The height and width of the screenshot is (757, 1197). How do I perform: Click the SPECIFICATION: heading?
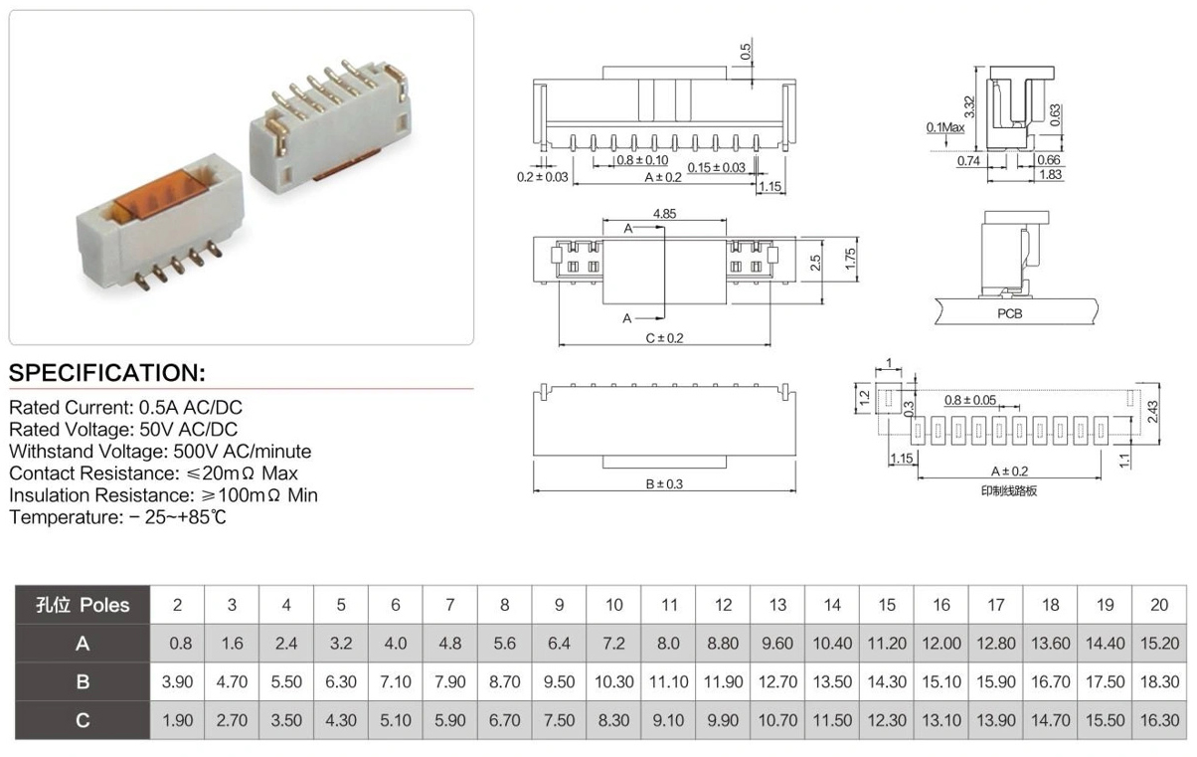(x=107, y=373)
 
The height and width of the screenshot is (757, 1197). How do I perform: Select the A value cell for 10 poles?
(x=613, y=644)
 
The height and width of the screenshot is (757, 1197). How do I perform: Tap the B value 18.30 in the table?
(x=1159, y=681)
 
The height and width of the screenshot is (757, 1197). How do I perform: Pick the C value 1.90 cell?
(x=177, y=720)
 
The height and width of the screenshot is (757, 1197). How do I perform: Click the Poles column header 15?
(x=887, y=605)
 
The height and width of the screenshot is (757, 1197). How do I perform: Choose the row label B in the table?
(x=83, y=681)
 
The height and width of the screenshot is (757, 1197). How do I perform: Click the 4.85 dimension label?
(x=664, y=214)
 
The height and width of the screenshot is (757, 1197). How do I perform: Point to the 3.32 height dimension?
(x=969, y=106)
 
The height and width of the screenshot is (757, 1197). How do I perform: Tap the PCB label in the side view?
(x=1009, y=313)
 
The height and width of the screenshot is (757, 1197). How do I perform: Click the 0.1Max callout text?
(x=944, y=127)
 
